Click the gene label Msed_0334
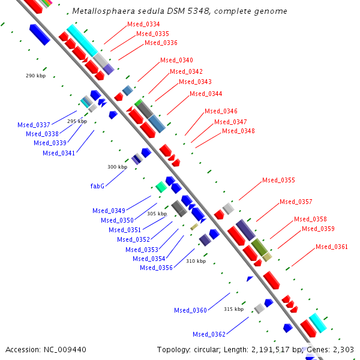pyautogui.click(x=143, y=24)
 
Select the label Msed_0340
pyautogui.click(x=176, y=60)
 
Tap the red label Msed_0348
pyautogui.click(x=238, y=131)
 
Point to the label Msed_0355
pyautogui.click(x=278, y=180)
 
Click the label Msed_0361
pyautogui.click(x=332, y=247)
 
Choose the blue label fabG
pyautogui.click(x=98, y=186)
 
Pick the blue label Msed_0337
pyautogui.click(x=34, y=125)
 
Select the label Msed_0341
pyautogui.click(x=59, y=153)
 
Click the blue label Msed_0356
pyautogui.click(x=156, y=268)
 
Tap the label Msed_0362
pyautogui.click(x=209, y=334)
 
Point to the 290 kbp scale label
pyautogui.click(x=35, y=76)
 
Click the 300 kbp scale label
pyautogui.click(x=117, y=167)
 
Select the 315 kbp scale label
pyautogui.click(x=233, y=309)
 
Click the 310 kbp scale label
pyautogui.click(x=196, y=261)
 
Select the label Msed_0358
pyautogui.click(x=310, y=220)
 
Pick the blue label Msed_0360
pyautogui.click(x=190, y=310)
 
